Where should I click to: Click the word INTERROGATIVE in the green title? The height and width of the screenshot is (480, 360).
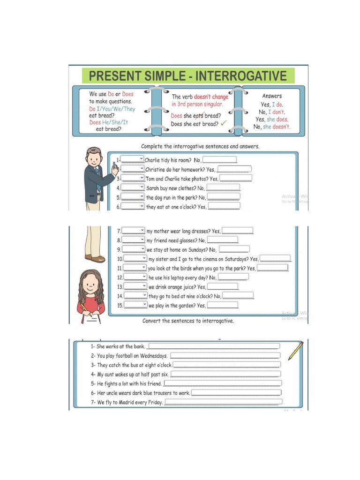pos(241,76)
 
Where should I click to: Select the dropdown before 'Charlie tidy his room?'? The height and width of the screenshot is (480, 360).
pos(133,159)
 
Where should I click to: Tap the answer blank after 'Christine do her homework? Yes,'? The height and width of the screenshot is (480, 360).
pos(234,169)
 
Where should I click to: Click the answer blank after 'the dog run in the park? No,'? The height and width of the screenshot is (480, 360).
pos(224,197)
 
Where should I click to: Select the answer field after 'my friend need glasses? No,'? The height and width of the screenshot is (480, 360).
pos(223,240)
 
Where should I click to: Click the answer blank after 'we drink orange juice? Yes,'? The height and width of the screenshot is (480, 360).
pos(223,286)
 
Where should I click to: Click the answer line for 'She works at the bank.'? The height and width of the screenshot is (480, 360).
pos(213,346)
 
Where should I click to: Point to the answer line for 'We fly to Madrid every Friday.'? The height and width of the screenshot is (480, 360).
pos(223,402)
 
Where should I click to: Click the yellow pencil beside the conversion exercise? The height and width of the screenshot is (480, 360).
pos(296,351)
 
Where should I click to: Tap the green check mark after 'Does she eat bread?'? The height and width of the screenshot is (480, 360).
pos(224,124)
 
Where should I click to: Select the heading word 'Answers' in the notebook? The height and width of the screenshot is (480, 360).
pos(272,96)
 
